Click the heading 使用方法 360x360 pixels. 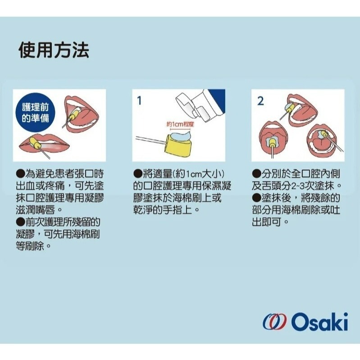tap(54, 50)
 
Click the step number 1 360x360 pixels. tap(140, 101)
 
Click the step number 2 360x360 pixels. tap(260, 101)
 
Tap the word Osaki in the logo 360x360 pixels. tap(319, 322)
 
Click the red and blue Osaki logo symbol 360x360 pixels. tap(274, 323)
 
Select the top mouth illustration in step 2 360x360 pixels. tap(306, 108)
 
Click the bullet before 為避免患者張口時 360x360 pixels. tap(20, 173)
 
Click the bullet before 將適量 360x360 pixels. tap(138, 173)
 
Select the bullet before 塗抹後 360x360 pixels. tap(256, 198)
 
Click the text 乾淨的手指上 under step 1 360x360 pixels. tap(167, 210)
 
